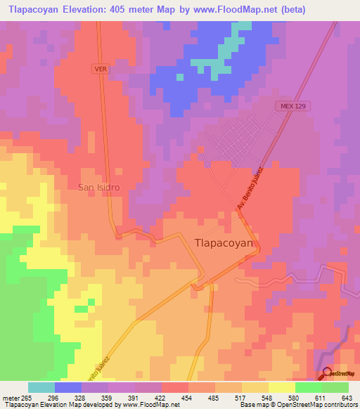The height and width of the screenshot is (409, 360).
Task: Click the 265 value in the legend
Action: coord(27,397)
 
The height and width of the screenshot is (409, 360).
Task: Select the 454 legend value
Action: coord(184,397)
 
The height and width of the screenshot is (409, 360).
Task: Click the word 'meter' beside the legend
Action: coord(10,397)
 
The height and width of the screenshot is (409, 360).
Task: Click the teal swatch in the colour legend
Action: coord(41,387)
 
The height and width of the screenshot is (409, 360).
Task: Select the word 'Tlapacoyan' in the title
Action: coord(33,10)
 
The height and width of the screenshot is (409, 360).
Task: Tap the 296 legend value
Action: coord(54,397)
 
